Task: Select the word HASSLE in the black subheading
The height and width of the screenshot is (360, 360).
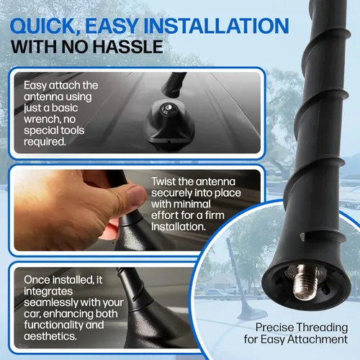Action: coord(128,47)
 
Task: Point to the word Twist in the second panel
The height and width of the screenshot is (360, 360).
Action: coord(163,181)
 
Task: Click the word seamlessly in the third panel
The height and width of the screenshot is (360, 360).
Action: coord(48,302)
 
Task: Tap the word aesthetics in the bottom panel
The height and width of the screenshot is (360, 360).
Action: coord(50,336)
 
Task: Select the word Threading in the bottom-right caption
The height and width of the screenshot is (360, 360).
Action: coord(322,328)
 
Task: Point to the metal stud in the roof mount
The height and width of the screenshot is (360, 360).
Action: coord(168,109)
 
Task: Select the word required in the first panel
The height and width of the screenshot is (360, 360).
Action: coord(45,142)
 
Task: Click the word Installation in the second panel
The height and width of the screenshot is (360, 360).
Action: coord(179,227)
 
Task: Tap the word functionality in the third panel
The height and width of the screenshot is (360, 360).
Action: coord(53,325)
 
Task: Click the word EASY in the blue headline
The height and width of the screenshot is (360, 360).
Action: coord(112,26)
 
